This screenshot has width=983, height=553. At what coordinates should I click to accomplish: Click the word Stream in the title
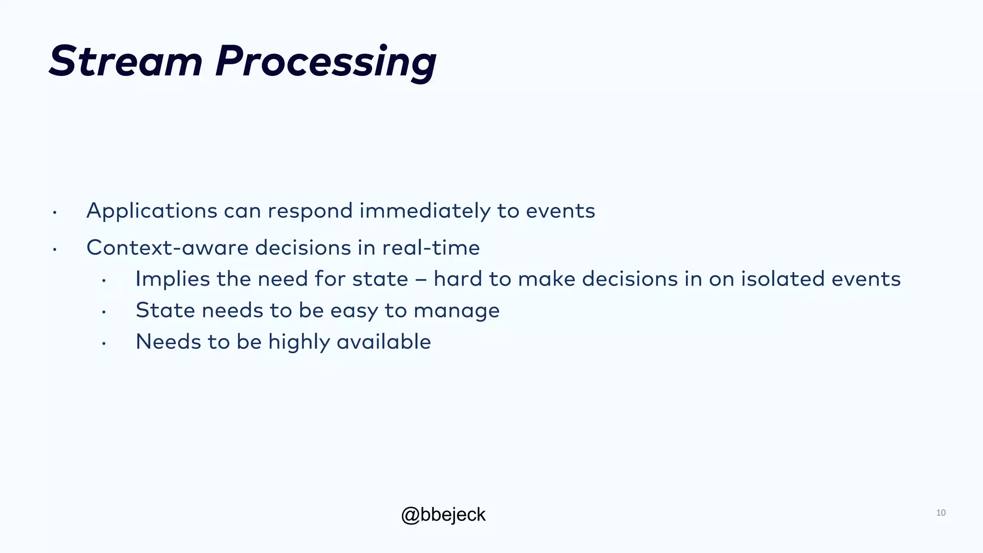point(126,61)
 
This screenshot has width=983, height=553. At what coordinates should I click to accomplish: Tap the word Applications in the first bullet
point(152,211)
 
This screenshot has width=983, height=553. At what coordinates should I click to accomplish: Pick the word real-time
point(431,248)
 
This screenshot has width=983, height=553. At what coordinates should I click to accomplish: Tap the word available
point(384,342)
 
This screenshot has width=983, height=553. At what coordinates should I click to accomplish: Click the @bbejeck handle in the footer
point(443,515)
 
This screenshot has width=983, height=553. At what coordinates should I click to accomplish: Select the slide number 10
point(941,513)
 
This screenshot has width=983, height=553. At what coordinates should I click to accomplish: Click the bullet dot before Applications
point(55,213)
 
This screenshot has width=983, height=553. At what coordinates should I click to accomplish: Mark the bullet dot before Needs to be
point(104,344)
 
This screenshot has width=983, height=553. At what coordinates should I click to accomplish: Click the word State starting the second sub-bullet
point(166,311)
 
